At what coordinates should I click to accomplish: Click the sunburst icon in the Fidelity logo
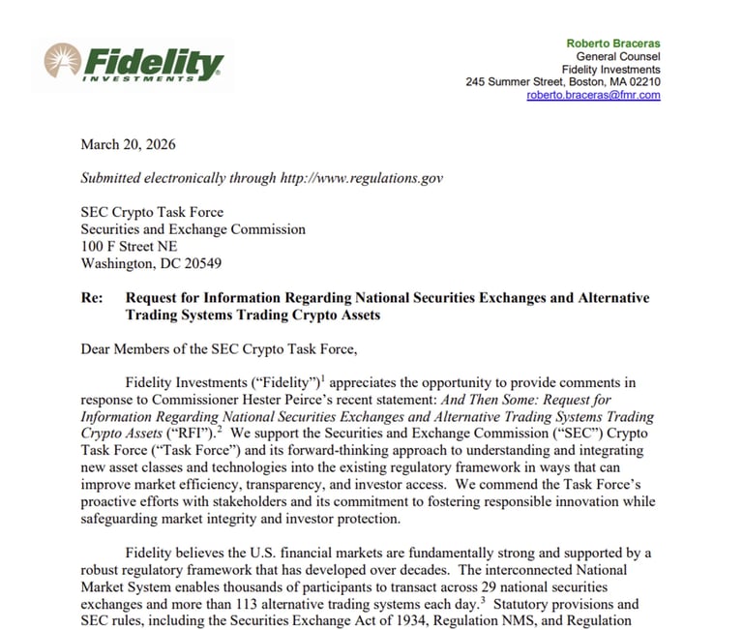click(x=62, y=61)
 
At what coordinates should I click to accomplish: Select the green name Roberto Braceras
click(x=613, y=44)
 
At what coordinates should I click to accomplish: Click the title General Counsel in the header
click(x=619, y=57)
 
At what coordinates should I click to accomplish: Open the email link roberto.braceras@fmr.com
click(x=593, y=95)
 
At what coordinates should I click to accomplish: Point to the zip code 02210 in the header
click(x=644, y=82)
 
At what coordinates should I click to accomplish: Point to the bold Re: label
click(x=92, y=298)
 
